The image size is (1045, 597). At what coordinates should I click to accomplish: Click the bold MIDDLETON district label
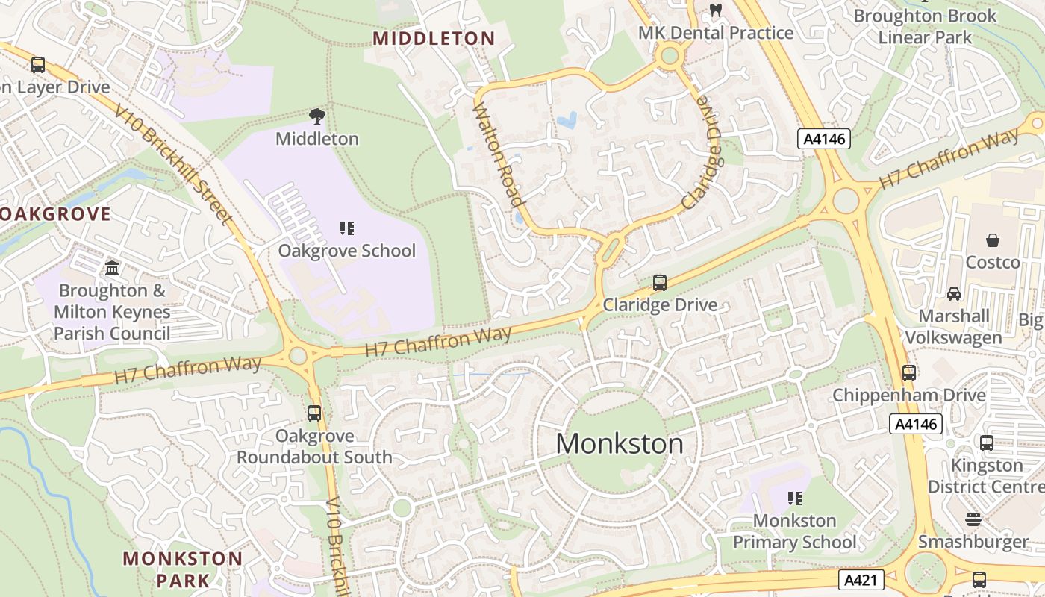[434, 39]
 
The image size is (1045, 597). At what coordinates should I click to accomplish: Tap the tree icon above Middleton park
[317, 116]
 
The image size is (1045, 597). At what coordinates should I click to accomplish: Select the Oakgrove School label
[347, 251]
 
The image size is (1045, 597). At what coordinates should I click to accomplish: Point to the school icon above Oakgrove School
[347, 228]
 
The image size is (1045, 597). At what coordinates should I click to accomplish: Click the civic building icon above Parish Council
[112, 267]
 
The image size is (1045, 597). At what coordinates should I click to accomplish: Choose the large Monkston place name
[620, 444]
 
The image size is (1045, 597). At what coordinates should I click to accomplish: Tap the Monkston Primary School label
[795, 531]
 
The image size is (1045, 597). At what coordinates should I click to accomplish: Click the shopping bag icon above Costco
[993, 240]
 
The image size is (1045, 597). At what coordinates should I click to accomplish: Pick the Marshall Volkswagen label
[953, 327]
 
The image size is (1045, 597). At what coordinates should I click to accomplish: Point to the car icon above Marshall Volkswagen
[954, 294]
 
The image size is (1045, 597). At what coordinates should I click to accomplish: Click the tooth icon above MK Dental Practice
[716, 10]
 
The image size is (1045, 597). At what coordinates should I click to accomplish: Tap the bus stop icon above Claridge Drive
[660, 283]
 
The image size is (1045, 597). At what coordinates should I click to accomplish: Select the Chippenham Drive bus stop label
[909, 395]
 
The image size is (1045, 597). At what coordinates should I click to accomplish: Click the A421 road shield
[861, 580]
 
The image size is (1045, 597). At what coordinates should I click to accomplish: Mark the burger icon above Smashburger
[973, 519]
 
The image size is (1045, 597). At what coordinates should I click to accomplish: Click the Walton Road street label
[498, 154]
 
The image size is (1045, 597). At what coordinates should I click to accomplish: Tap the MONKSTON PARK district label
[183, 569]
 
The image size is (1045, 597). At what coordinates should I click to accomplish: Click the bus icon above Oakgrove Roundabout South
[314, 413]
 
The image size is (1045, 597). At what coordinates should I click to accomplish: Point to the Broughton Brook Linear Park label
[925, 26]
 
